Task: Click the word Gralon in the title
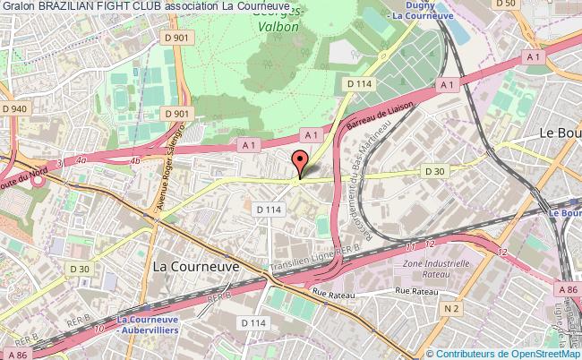pyautogui.click(x=18, y=7)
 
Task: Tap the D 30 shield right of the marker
pyautogui.click(x=434, y=171)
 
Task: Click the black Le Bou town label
pyautogui.click(x=558, y=132)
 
